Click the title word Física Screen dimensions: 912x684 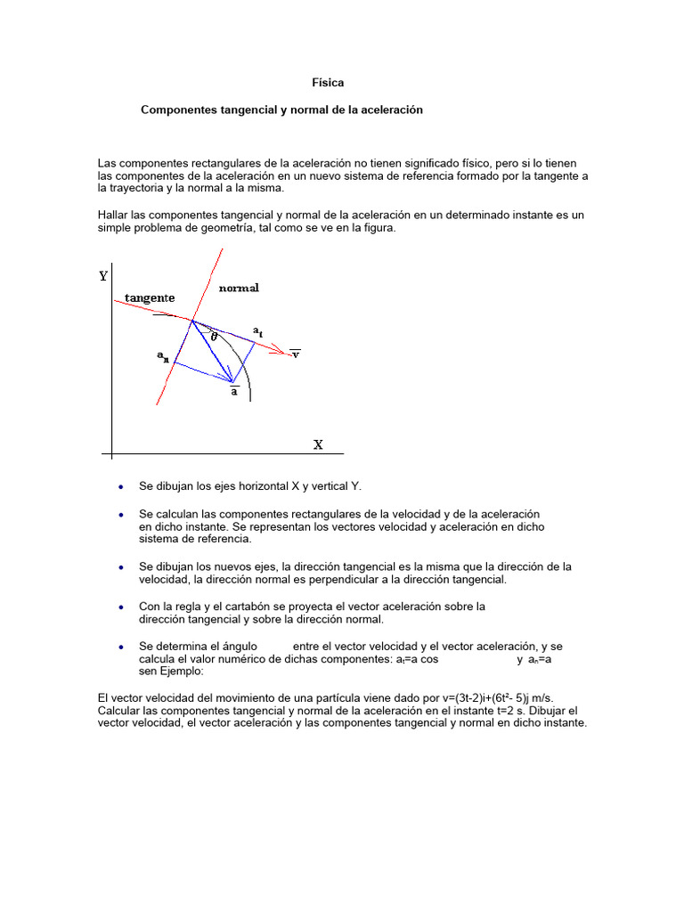[x=328, y=82]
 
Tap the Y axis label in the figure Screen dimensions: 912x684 [x=103, y=276]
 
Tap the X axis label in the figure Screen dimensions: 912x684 [x=318, y=444]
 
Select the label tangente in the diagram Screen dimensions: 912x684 [x=150, y=297]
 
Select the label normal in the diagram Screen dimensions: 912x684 [x=239, y=289]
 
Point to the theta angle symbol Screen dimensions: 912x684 [x=214, y=338]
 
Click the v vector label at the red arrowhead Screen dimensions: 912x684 [x=296, y=354]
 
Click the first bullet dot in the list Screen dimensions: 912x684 [x=120, y=487]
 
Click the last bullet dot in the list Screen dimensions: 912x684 [x=120, y=647]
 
